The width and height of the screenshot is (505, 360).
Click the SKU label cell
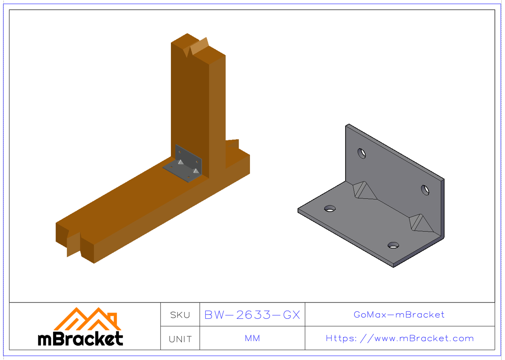(x=180, y=315)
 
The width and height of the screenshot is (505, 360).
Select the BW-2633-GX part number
(x=252, y=315)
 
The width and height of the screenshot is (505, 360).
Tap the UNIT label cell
(x=180, y=339)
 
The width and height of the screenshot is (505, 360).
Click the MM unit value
(x=252, y=339)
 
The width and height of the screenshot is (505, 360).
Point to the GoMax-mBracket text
(x=399, y=315)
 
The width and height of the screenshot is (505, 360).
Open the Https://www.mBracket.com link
(x=399, y=339)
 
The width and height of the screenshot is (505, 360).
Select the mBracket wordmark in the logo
(x=80, y=339)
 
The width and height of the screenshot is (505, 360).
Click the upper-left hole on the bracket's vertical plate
(x=361, y=153)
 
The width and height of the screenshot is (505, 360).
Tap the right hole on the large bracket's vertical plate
(x=425, y=190)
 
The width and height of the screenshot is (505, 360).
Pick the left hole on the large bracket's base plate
(x=330, y=208)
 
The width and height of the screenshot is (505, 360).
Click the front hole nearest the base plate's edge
(x=393, y=245)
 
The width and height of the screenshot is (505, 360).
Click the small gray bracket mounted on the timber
(x=185, y=164)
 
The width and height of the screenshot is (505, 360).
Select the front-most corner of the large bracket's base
(x=393, y=266)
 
